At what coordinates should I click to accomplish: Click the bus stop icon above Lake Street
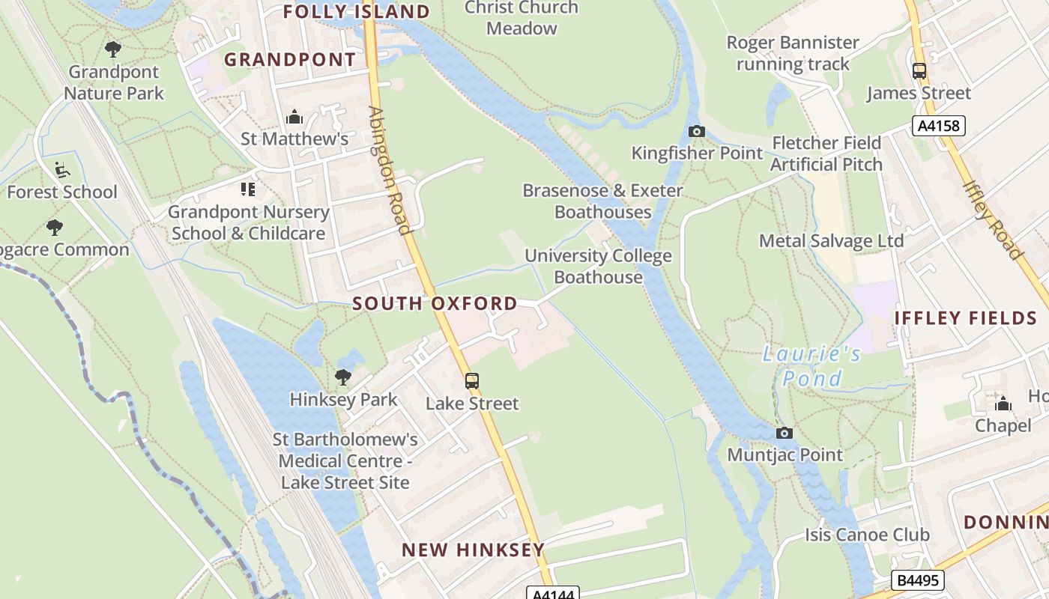[471, 381]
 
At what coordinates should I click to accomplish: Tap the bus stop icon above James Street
[919, 71]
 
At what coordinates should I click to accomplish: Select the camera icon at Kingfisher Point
[696, 132]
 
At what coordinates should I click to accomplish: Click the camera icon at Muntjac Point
[784, 433]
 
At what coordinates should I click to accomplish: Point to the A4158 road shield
[938, 125]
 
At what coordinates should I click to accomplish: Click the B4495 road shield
[918, 580]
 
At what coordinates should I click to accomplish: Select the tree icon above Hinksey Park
[343, 377]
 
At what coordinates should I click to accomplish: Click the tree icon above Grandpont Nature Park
[113, 49]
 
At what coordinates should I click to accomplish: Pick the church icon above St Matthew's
[294, 117]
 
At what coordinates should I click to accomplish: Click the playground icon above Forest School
[62, 170]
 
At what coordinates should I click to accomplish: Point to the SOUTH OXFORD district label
[435, 303]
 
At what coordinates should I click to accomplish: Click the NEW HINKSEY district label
[473, 550]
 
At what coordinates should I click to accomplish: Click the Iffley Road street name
[992, 219]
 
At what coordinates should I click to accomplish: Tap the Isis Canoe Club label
[867, 535]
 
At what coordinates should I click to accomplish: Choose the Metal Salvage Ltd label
[831, 241]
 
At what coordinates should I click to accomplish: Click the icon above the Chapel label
[1003, 404]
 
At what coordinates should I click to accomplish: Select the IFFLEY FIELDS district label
[965, 317]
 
